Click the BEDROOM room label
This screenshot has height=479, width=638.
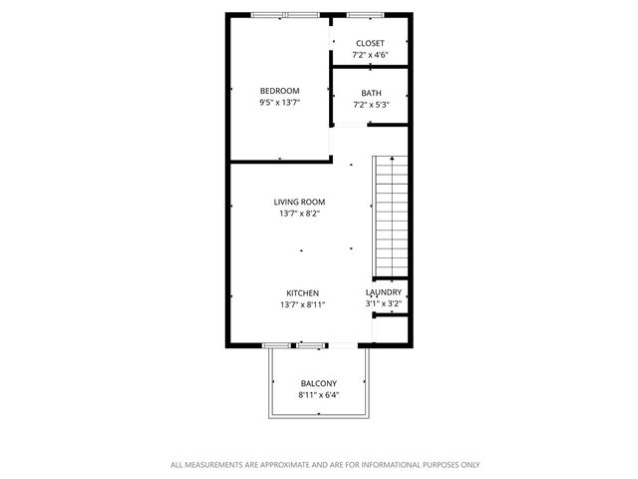[x=280, y=91]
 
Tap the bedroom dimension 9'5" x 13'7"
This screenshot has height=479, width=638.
[x=280, y=102]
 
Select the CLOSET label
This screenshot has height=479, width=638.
[x=370, y=44]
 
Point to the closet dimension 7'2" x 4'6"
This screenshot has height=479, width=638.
[x=370, y=55]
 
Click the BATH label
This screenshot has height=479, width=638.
[x=370, y=94]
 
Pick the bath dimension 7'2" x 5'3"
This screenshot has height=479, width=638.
[x=370, y=105]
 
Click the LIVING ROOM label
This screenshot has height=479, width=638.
[x=299, y=202]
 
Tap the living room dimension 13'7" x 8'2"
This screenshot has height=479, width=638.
[x=299, y=213]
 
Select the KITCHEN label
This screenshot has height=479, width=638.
[x=303, y=293]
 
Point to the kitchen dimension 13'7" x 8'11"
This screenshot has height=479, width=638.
[x=303, y=304]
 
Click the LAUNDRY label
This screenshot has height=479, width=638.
[x=385, y=292]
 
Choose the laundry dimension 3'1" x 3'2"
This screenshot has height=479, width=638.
[x=385, y=303]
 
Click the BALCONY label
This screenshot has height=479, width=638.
[x=318, y=383]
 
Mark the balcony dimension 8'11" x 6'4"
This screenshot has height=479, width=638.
[x=318, y=394]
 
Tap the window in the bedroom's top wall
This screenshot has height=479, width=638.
[x=285, y=15]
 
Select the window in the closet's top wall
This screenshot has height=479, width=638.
[x=363, y=15]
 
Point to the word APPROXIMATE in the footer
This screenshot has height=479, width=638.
[x=283, y=465]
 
